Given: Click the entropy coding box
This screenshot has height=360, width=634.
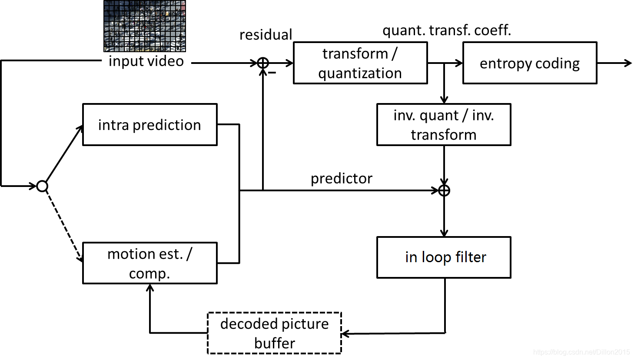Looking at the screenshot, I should pyautogui.click(x=530, y=63).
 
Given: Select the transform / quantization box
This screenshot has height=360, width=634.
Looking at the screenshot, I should pyautogui.click(x=360, y=63).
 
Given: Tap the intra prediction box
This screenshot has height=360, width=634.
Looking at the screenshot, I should pyautogui.click(x=149, y=125).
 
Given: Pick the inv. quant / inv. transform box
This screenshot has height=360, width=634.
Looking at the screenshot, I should pyautogui.click(x=444, y=125).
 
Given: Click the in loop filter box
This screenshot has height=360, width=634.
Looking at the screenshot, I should pyautogui.click(x=444, y=257).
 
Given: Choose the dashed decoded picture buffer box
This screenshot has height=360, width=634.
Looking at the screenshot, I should pyautogui.click(x=275, y=333).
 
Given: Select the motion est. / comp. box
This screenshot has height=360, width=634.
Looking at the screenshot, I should pyautogui.click(x=149, y=263).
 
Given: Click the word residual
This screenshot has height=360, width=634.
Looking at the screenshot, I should pyautogui.click(x=266, y=35).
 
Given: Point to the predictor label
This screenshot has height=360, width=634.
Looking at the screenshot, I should pyautogui.click(x=342, y=178).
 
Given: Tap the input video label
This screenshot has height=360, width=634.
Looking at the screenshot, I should pyautogui.click(x=146, y=61).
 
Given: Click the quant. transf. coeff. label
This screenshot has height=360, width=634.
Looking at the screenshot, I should pyautogui.click(x=447, y=30).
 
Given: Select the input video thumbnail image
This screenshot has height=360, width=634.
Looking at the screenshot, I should pyautogui.click(x=145, y=26).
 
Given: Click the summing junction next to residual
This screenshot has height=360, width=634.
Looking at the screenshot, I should pyautogui.click(x=263, y=63).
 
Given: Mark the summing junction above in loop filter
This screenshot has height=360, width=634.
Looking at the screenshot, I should pyautogui.click(x=444, y=190).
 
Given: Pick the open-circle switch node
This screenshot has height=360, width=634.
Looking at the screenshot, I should pyautogui.click(x=42, y=187).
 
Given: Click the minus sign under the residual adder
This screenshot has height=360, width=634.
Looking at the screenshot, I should pyautogui.click(x=272, y=73).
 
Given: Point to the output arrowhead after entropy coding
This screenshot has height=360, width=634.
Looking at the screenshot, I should pyautogui.click(x=628, y=63).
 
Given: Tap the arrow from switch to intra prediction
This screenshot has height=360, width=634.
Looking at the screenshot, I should pyautogui.click(x=63, y=154).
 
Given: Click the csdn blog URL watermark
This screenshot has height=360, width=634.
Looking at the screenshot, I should pyautogui.click(x=581, y=352).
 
